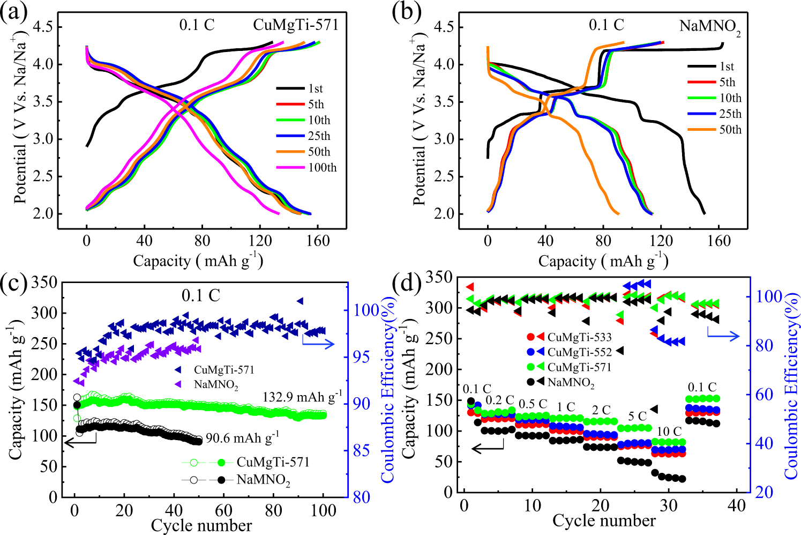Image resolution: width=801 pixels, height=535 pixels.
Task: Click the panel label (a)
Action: tap(14, 12)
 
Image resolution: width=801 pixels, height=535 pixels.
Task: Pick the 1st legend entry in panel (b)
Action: tap(727, 66)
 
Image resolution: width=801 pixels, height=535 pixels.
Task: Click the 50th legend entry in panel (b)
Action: tap(730, 130)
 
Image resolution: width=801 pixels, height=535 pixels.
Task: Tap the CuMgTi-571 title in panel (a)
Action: tap(296, 25)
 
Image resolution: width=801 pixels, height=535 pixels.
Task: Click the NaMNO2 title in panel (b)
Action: tap(710, 27)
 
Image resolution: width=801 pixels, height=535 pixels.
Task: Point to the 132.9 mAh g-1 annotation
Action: tap(302, 397)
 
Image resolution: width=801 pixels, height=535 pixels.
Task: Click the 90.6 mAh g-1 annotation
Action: tap(243, 438)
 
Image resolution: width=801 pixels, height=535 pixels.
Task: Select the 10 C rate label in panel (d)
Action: tap(669, 432)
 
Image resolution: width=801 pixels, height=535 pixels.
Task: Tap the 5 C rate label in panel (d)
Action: tap(637, 416)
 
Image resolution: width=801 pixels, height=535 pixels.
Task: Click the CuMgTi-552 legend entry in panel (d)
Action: tap(579, 352)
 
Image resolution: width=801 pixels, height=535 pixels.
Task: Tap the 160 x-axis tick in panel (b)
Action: tap(718, 241)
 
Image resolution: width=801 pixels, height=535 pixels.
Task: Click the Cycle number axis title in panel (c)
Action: tap(201, 525)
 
